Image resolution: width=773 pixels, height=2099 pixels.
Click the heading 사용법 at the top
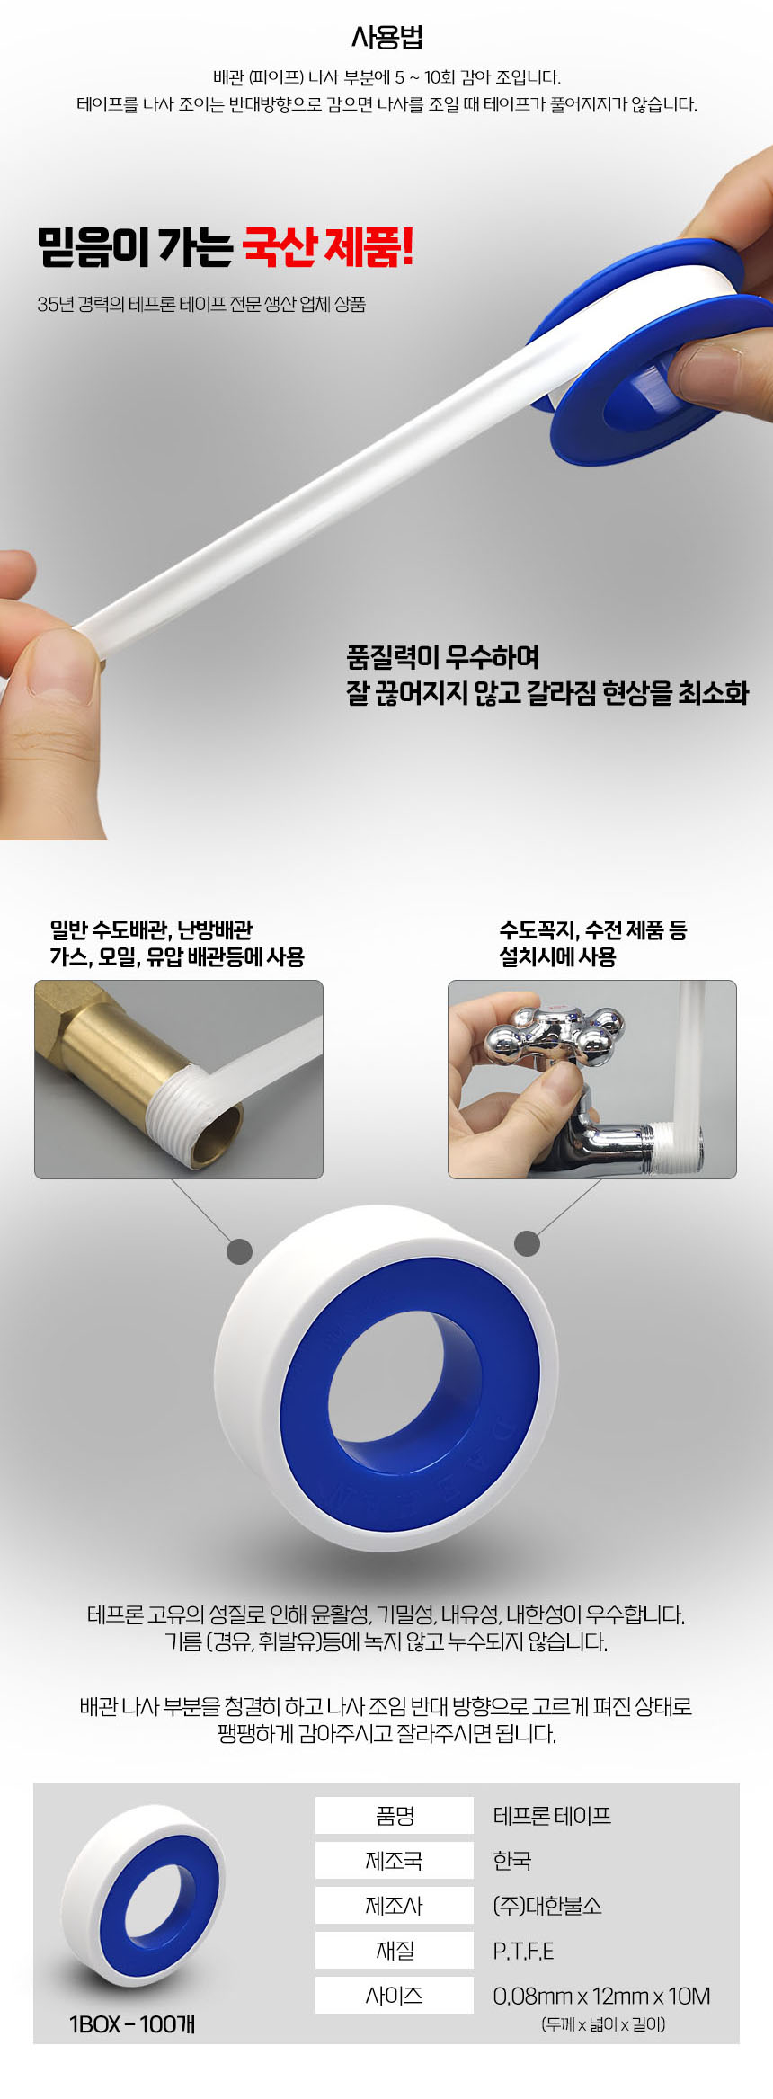pyautogui.click(x=386, y=38)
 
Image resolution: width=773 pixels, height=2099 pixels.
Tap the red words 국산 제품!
pyautogui.click(x=328, y=246)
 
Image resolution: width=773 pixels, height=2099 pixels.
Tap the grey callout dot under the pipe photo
pyautogui.click(x=239, y=1251)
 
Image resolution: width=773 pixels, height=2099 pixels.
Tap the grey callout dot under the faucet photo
pyautogui.click(x=527, y=1243)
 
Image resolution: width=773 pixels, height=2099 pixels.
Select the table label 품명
pyautogui.click(x=395, y=1815)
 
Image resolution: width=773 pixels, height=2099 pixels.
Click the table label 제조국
pyautogui.click(x=395, y=1860)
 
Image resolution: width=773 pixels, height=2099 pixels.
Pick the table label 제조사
pyautogui.click(x=395, y=1905)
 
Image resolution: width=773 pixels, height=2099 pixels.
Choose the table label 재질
pyautogui.click(x=395, y=1950)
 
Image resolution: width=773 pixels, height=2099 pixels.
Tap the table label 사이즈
pyautogui.click(x=395, y=1995)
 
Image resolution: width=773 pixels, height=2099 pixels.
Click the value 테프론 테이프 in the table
pyautogui.click(x=552, y=1815)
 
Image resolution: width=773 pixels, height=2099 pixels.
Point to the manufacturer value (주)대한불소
pyautogui.click(x=547, y=1905)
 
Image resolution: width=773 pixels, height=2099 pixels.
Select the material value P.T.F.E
pyautogui.click(x=523, y=1950)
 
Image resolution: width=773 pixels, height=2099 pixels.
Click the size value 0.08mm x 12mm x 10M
pyautogui.click(x=601, y=1996)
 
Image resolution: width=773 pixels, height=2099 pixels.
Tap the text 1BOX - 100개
pyautogui.click(x=132, y=2023)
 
